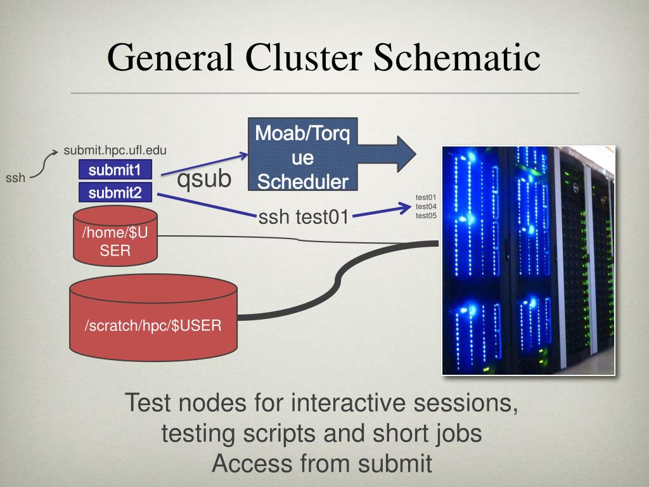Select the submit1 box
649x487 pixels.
click(x=115, y=170)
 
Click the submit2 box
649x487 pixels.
click(x=115, y=193)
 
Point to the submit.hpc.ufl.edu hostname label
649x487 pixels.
click(x=115, y=150)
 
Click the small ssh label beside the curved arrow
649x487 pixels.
click(x=15, y=178)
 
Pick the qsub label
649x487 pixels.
click(x=204, y=179)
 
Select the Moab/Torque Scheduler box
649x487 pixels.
click(x=302, y=155)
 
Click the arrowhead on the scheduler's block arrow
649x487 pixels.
click(x=406, y=154)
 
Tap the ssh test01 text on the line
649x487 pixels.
click(x=304, y=217)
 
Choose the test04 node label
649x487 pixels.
click(x=426, y=206)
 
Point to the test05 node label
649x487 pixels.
click(x=426, y=216)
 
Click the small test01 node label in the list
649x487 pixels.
click(x=426, y=197)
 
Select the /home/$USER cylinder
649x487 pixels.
click(x=115, y=236)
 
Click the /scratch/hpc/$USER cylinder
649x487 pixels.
click(x=153, y=318)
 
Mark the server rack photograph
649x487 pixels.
click(x=529, y=261)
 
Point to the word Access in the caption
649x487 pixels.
click(x=252, y=463)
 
